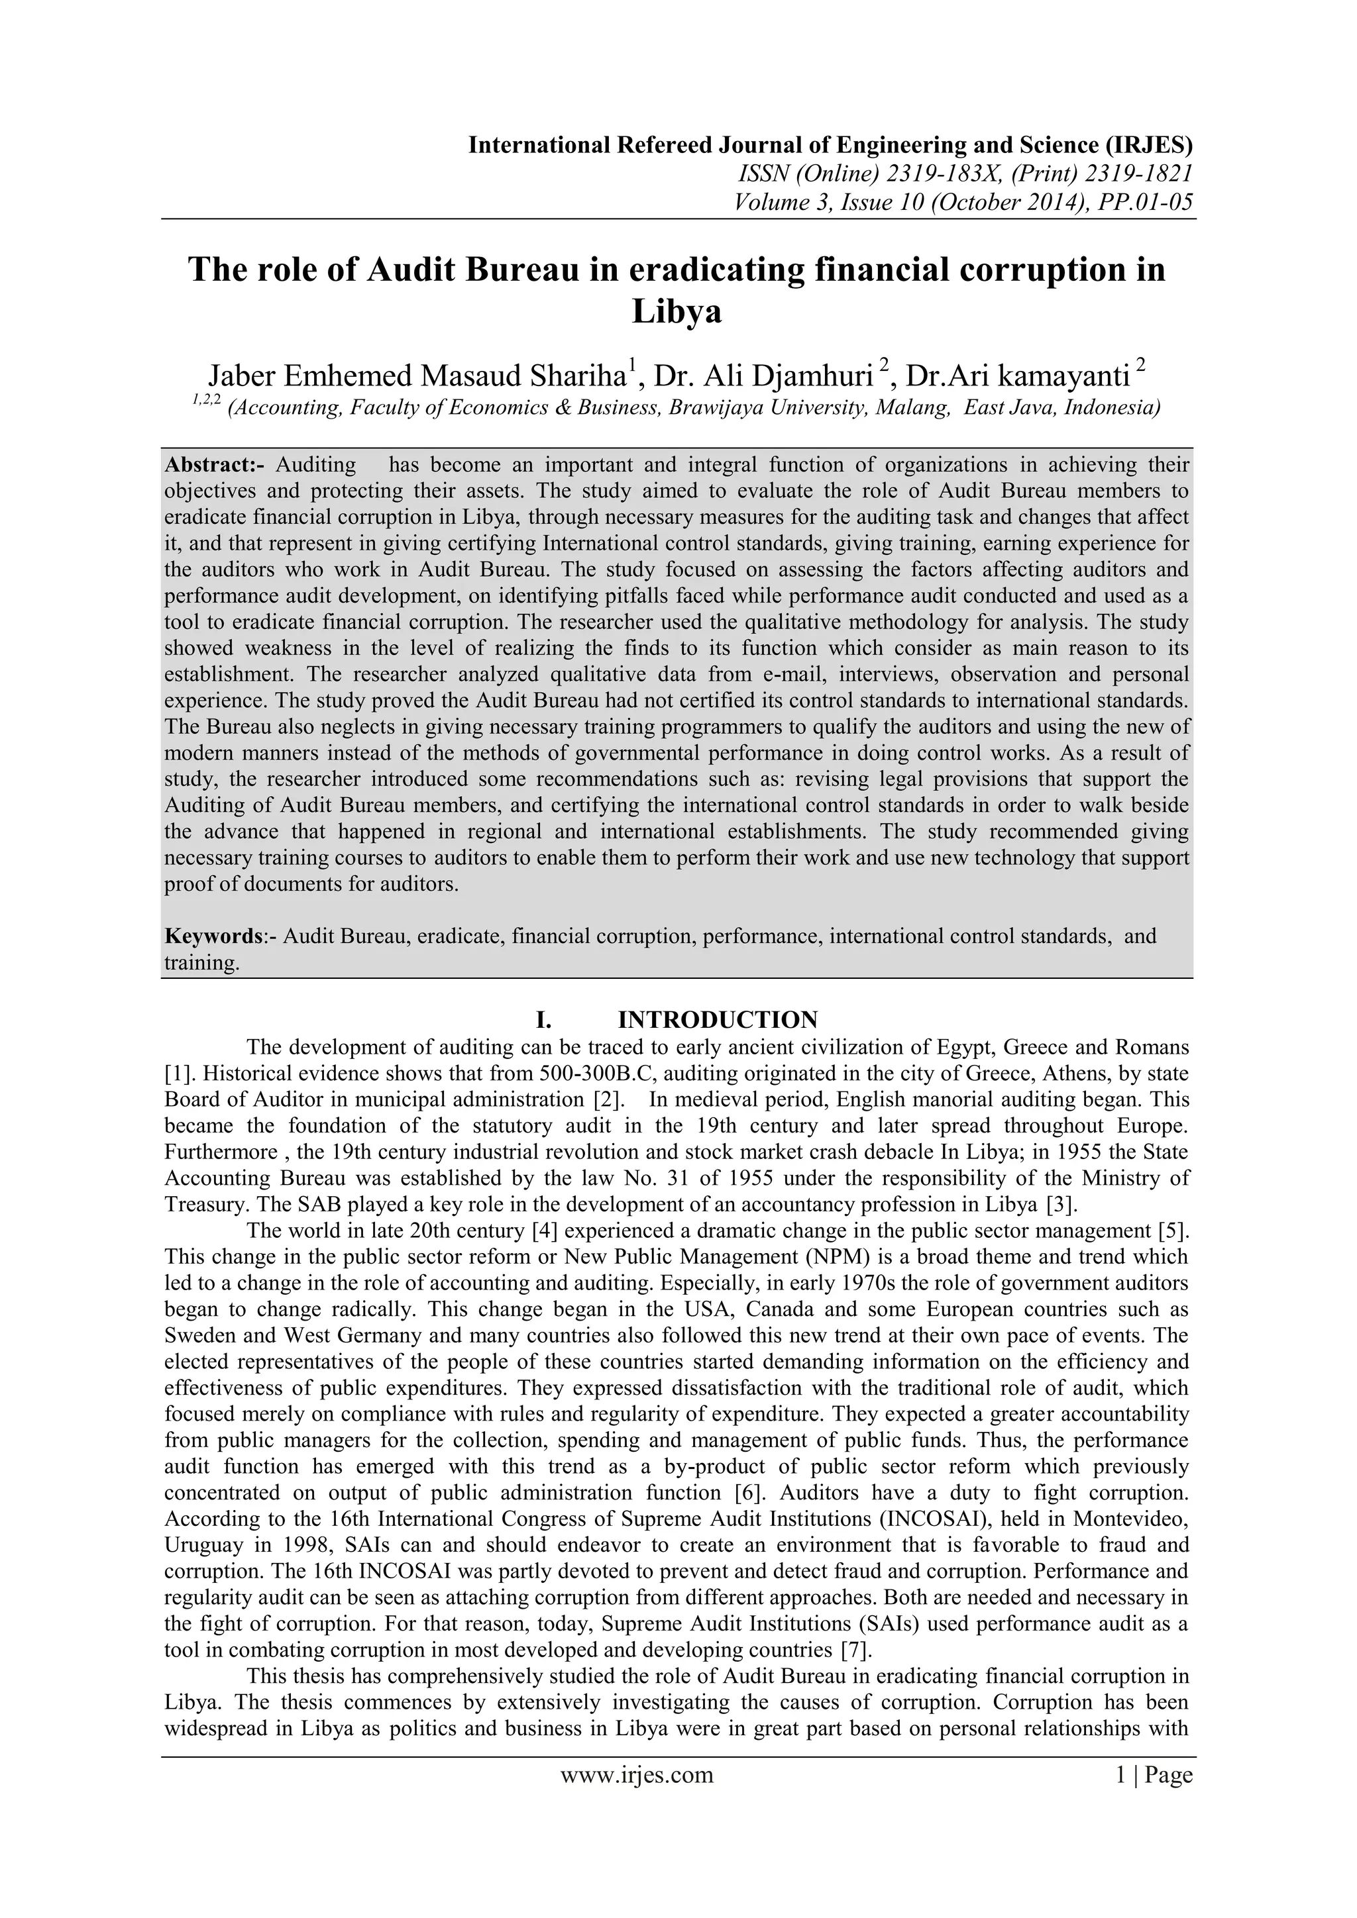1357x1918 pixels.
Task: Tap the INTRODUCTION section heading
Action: point(718,1019)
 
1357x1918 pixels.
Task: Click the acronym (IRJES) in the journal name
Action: point(1149,145)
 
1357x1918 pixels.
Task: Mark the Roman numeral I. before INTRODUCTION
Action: point(544,1019)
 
